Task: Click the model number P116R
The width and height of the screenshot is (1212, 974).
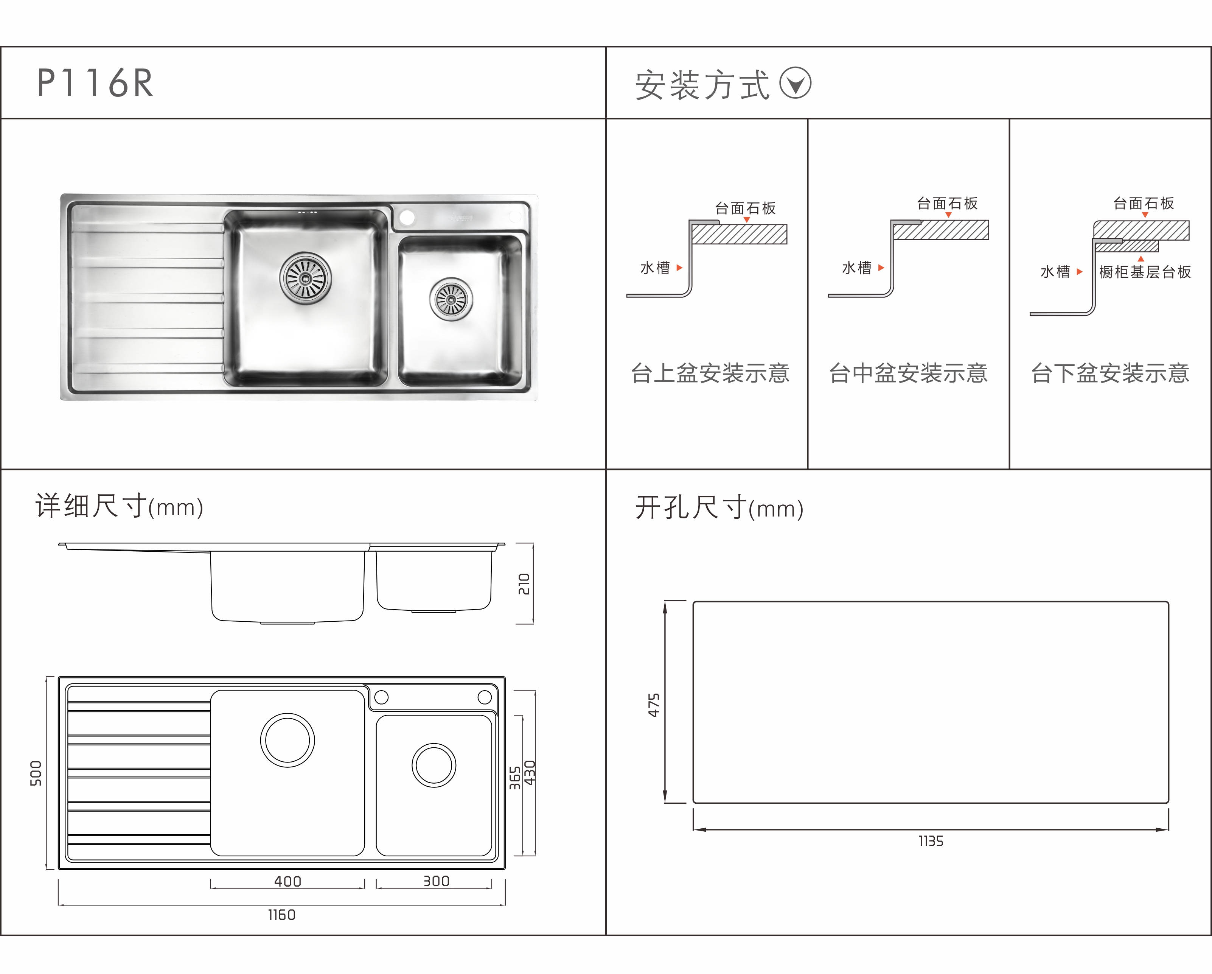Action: [95, 83]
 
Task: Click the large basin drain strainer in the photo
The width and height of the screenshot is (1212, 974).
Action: [305, 277]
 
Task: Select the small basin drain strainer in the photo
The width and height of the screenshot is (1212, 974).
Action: [451, 299]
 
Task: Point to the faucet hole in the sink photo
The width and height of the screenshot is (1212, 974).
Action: [407, 217]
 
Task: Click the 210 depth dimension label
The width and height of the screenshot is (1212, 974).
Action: [524, 584]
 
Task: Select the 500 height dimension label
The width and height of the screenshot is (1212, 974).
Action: [36, 773]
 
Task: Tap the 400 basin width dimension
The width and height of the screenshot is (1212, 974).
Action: [287, 881]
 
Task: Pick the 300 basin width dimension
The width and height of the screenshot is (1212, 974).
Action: [436, 881]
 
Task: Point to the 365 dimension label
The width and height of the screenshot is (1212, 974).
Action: [515, 778]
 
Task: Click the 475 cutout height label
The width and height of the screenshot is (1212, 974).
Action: [654, 705]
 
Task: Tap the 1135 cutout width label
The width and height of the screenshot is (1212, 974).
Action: [931, 841]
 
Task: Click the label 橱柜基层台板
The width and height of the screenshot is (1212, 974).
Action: [1145, 272]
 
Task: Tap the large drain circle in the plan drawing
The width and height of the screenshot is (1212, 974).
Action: [287, 740]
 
